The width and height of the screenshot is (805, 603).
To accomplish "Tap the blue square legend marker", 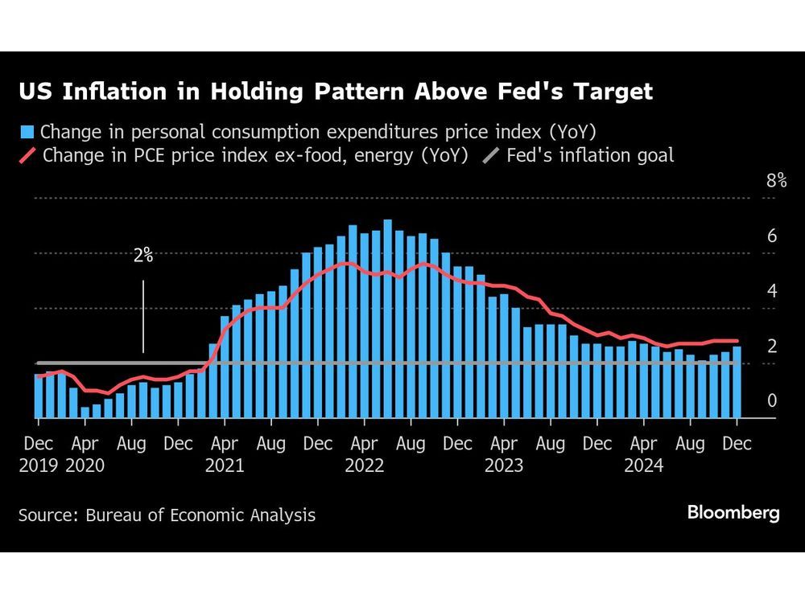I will tap(27, 131).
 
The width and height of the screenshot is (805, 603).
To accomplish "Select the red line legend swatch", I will tap(27, 155).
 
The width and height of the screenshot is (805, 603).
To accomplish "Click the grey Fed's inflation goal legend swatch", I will tap(491, 155).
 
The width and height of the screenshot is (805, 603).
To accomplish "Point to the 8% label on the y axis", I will tap(776, 181).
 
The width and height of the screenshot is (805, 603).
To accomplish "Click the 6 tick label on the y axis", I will tap(771, 236).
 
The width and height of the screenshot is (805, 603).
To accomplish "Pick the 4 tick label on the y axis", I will tap(771, 291).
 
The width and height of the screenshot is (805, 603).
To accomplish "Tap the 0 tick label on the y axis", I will tap(771, 400).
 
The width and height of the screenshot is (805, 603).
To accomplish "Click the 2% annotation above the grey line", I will tap(143, 256).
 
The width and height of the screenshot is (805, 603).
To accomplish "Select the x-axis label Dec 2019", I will tap(38, 454).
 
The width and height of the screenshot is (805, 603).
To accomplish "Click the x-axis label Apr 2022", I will tap(365, 454).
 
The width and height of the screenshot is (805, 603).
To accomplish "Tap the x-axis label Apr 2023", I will tap(504, 454).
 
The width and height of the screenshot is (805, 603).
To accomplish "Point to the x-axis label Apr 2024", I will tap(644, 454).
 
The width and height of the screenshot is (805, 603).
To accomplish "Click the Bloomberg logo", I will tap(733, 513).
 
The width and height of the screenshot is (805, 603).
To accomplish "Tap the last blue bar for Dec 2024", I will tap(737, 383).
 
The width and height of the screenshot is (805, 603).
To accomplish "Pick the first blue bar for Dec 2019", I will tap(39, 396).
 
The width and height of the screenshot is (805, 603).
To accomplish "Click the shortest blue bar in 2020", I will tap(85, 412).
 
